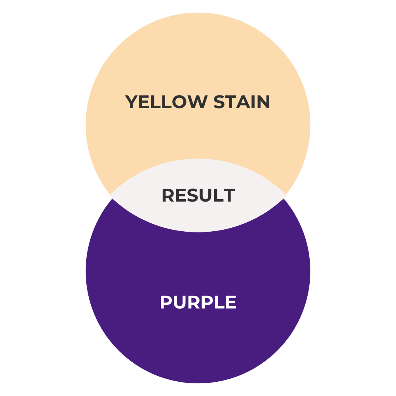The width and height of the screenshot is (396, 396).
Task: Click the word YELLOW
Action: click(x=166, y=102)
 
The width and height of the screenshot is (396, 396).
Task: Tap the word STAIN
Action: click(x=242, y=102)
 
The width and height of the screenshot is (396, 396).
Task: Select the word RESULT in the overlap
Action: click(x=198, y=196)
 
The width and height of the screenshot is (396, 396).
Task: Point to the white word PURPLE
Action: click(x=198, y=303)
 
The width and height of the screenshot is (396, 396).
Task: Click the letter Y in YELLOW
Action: click(x=132, y=102)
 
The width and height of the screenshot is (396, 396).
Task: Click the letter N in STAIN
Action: click(x=263, y=102)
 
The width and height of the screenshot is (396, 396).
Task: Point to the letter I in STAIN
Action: click(x=253, y=102)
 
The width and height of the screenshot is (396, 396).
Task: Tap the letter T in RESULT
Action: click(x=229, y=196)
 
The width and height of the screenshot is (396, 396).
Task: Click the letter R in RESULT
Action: click(x=168, y=196)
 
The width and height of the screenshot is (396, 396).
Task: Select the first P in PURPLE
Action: click(x=166, y=303)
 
